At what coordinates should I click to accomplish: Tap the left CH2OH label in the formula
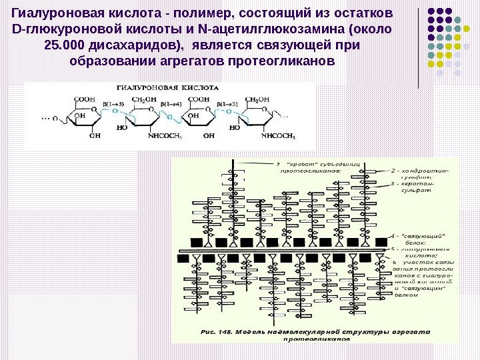point(144,100)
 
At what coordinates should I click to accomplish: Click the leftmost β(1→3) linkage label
point(114,105)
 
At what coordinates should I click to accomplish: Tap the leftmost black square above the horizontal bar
point(195,241)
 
